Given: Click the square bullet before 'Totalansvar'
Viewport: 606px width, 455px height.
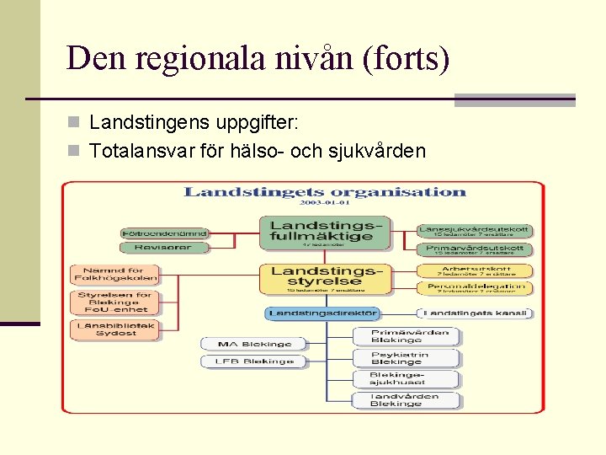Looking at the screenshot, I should tap(75, 152).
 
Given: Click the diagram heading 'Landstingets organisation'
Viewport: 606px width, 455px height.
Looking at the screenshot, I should tap(324, 191).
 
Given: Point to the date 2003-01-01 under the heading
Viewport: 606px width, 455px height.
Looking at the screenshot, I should tap(324, 203).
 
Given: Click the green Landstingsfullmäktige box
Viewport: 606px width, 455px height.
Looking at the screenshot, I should tap(325, 233).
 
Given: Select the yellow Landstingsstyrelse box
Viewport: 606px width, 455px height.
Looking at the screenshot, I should tap(325, 278).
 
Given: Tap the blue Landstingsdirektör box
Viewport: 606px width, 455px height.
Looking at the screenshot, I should tap(323, 313).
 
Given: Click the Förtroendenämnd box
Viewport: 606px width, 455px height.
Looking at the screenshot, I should tap(164, 233).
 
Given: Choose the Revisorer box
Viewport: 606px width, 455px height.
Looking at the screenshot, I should tap(164, 248).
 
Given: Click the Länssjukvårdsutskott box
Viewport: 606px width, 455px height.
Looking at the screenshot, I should tap(475, 231).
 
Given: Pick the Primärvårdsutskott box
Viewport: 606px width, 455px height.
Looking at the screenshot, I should tap(475, 249).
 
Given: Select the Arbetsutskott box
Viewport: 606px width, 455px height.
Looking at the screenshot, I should tap(475, 270).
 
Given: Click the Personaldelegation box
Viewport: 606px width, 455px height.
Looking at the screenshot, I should tap(475, 288).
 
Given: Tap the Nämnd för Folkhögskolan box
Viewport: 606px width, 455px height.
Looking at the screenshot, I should tap(114, 274).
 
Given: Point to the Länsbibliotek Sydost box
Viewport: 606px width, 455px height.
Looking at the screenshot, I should tap(114, 329).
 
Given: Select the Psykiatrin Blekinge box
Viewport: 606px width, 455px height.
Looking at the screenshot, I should tap(406, 358).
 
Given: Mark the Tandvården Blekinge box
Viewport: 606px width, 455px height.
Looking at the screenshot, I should tap(406, 400).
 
